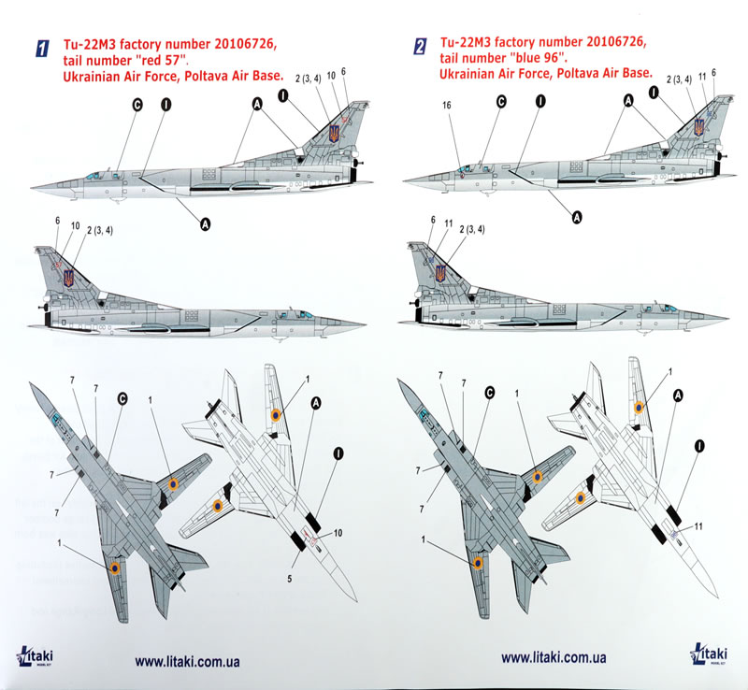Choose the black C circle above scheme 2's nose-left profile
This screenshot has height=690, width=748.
coord(500,102)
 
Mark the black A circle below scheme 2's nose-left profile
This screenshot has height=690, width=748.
coord(577,217)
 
